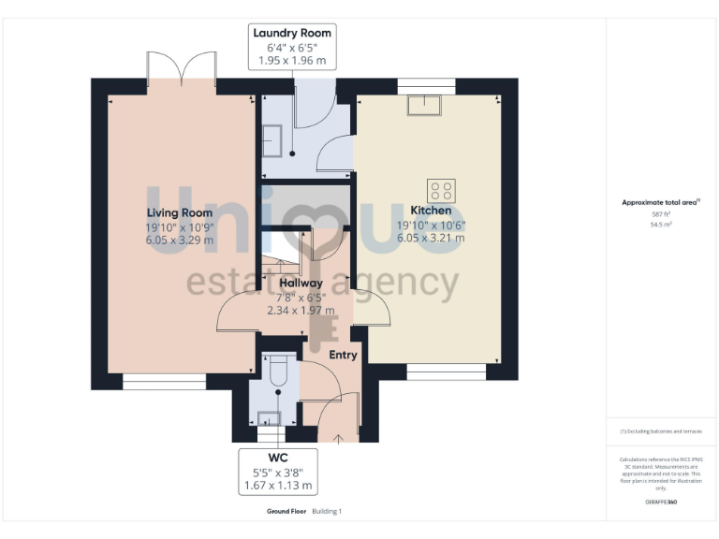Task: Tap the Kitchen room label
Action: (x=431, y=211)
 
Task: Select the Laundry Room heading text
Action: (x=292, y=33)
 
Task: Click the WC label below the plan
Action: (x=277, y=458)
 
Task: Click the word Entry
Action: (x=343, y=355)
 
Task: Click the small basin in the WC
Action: (x=268, y=417)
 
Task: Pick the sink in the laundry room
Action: (x=274, y=140)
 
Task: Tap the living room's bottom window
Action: (x=164, y=381)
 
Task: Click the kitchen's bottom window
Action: (x=447, y=371)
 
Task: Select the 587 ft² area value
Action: (x=661, y=214)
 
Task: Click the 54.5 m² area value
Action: (x=661, y=225)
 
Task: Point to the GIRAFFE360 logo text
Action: (x=661, y=503)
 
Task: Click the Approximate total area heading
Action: (x=661, y=202)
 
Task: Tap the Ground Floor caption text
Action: (x=286, y=512)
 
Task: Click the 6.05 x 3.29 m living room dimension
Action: (x=179, y=240)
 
